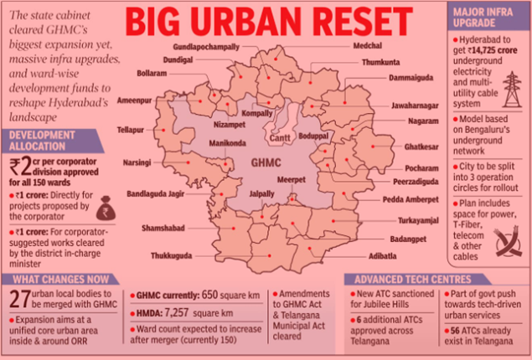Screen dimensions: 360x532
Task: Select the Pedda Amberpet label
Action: click(410, 200)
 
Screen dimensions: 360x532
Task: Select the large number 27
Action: click(19, 299)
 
